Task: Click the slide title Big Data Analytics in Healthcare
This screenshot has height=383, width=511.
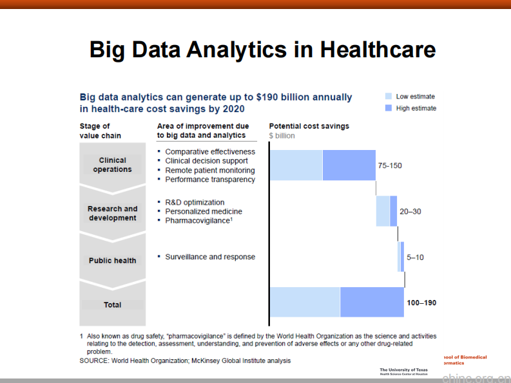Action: tap(262, 50)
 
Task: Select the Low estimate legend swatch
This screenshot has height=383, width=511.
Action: tap(388, 97)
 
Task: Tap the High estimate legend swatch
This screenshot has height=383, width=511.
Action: tap(388, 108)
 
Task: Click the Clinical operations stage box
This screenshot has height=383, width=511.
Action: tap(112, 165)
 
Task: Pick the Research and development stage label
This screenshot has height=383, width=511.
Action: tap(112, 213)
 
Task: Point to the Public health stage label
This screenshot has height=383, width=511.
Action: tap(112, 261)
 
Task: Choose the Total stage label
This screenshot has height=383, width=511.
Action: tap(112, 305)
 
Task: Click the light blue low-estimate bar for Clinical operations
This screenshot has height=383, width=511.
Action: tap(296, 165)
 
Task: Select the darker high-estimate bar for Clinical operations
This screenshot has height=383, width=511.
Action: tap(349, 165)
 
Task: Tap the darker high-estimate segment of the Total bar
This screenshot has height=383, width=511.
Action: tap(372, 302)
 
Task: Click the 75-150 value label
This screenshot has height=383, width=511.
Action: tap(390, 165)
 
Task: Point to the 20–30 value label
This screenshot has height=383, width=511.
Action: tap(410, 212)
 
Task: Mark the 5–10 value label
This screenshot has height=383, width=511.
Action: tap(415, 257)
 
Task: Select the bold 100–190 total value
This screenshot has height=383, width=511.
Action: tap(421, 303)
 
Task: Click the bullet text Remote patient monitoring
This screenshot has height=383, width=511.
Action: tap(210, 171)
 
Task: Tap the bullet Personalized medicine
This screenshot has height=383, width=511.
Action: tap(204, 211)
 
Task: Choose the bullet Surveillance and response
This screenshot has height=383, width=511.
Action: tap(210, 257)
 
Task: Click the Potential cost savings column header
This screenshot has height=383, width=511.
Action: tap(309, 126)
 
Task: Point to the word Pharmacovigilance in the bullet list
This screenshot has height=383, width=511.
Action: tap(197, 221)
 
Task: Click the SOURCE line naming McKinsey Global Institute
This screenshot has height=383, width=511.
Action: tap(185, 361)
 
